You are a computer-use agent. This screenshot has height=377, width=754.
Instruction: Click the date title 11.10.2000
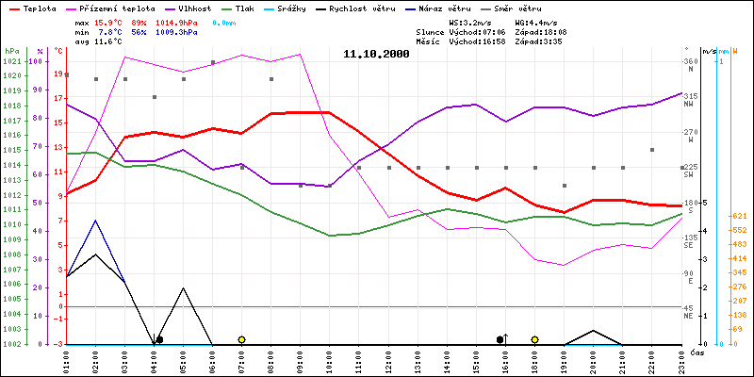point(376,55)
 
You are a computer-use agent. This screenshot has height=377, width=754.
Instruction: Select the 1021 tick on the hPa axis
point(11,62)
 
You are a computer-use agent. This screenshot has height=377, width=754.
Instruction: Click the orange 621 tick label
point(740,216)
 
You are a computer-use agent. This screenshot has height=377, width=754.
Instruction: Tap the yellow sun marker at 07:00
point(242,339)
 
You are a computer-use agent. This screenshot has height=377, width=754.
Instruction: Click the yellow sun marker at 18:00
point(534,339)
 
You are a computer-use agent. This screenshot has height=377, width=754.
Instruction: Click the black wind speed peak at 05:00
point(184,287)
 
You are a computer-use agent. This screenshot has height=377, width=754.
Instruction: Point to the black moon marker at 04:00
point(159,339)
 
